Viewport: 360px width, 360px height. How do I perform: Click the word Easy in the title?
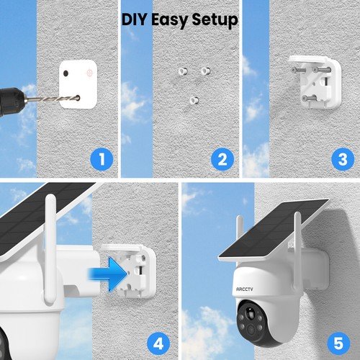pos(170,21)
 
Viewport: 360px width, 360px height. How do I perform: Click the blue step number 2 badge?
pos(222,158)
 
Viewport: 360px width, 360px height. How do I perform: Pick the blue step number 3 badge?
pos(342,158)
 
